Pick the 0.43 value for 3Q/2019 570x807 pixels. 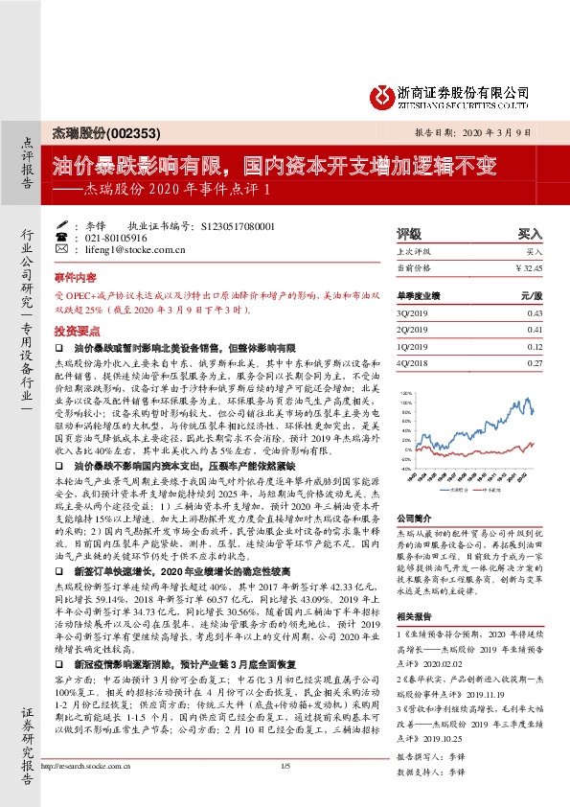(x=535, y=313)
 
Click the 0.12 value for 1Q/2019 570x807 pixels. (x=535, y=346)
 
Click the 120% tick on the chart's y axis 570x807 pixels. (x=405, y=393)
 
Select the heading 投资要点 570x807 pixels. (x=73, y=329)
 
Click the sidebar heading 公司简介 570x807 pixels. (x=416, y=517)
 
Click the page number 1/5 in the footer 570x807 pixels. (x=285, y=791)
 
